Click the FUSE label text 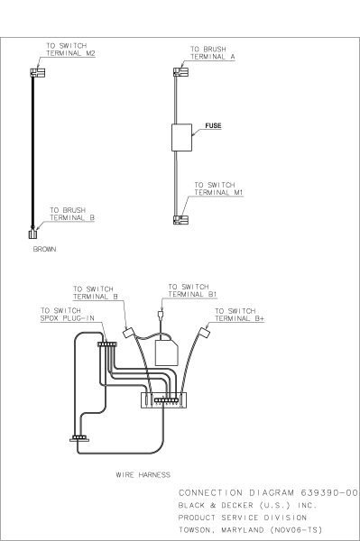pos(213,127)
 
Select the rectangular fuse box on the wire pos(184,137)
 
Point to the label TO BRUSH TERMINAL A pos(208,52)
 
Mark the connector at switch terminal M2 pos(36,71)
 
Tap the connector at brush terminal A pos(179,69)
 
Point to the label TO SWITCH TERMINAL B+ pos(236,314)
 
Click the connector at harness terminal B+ pos(204,334)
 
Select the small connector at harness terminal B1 pos(160,315)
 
